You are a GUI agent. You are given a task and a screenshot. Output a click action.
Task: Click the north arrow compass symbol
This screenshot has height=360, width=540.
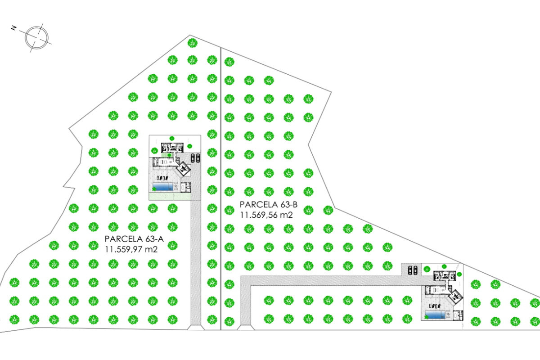pos(37,38)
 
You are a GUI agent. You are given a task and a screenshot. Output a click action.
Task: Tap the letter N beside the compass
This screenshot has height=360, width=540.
pos(14,28)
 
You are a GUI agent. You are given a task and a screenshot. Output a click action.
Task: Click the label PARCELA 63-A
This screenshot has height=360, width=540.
pos(134,239)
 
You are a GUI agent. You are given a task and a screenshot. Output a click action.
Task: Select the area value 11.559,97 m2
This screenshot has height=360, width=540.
pos(131,249)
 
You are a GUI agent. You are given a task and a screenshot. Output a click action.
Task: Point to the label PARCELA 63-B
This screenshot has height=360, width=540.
pos(269,204)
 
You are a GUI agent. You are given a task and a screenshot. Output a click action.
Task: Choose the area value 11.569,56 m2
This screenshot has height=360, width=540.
pos(266,215)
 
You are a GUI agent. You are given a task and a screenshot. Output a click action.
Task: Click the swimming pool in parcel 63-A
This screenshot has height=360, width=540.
pos(163,186)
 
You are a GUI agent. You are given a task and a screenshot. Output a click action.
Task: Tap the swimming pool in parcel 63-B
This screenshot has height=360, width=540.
pos(435,315)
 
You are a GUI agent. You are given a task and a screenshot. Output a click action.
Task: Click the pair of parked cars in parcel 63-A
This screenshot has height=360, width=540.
pos(195,157)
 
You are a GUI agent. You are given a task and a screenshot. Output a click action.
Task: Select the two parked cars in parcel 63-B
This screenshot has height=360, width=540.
pos(413,270)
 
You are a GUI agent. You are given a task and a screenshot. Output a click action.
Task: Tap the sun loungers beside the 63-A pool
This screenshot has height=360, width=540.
pos(162,178)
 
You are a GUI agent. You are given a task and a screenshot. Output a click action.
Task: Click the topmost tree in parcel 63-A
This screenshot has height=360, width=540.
pos(193,43)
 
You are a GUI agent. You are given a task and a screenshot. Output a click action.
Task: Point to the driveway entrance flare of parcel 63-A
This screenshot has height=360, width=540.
pos(196,328)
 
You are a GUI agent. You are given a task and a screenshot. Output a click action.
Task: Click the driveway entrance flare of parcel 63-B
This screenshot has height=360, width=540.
pos(245,328)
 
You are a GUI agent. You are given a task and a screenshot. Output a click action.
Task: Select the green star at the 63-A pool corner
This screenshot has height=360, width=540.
pos(154,189)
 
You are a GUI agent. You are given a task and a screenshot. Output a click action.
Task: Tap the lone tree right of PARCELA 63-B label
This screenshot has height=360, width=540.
pos(328,210)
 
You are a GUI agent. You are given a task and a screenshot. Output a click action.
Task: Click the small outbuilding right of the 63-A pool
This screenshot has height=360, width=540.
pos(185,187)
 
